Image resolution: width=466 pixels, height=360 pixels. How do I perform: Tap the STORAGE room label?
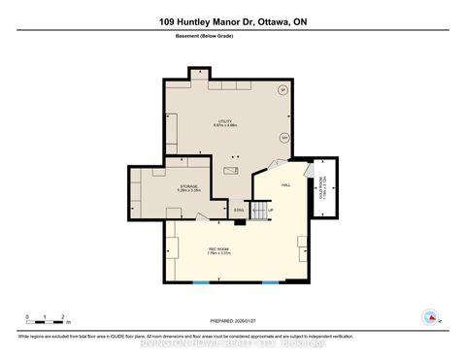coord(187,188)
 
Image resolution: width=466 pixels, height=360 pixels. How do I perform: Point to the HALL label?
coord(286,184)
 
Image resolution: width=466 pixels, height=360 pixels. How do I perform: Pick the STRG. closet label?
coord(238,209)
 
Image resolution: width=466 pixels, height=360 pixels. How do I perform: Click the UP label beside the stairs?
coord(271,209)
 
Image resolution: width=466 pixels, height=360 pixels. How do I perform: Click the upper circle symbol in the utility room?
coord(283,90)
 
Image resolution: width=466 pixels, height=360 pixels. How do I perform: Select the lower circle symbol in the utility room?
coord(284,137)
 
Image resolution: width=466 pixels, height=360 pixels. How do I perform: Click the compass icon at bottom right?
coord(428,316)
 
